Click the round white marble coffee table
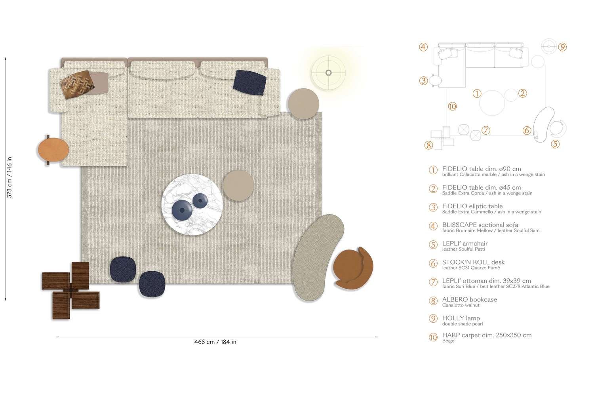click(x=192, y=204)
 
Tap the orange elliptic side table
click(x=53, y=150)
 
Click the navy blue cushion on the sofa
click(x=249, y=82)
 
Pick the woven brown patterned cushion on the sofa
click(x=77, y=84)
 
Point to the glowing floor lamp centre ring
click(x=328, y=72)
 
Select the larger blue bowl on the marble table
click(x=182, y=210)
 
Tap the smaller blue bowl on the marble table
click(x=200, y=200)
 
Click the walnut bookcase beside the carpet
click(x=71, y=290)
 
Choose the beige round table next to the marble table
click(x=238, y=185)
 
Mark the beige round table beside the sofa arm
click(x=304, y=104)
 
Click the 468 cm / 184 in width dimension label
click(x=215, y=342)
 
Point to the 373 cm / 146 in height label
click(x=9, y=177)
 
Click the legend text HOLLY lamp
click(x=461, y=318)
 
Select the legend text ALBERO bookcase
click(x=469, y=300)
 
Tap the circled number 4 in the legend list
click(x=433, y=226)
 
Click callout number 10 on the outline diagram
click(x=452, y=107)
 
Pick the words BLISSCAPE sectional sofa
click(x=480, y=225)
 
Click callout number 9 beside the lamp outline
click(x=562, y=47)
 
